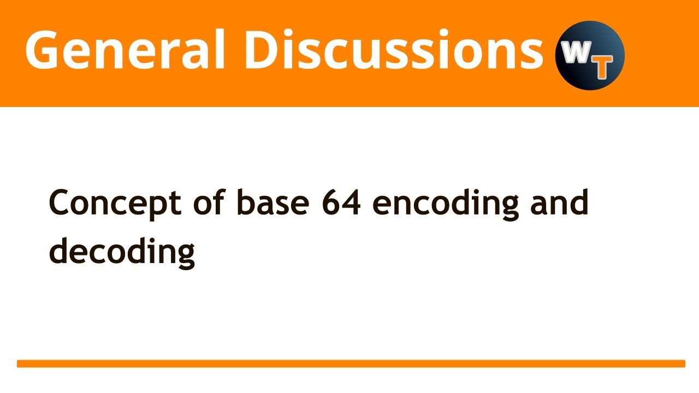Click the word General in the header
click(x=125, y=50)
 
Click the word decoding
click(x=122, y=252)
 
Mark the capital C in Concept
click(x=61, y=204)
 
